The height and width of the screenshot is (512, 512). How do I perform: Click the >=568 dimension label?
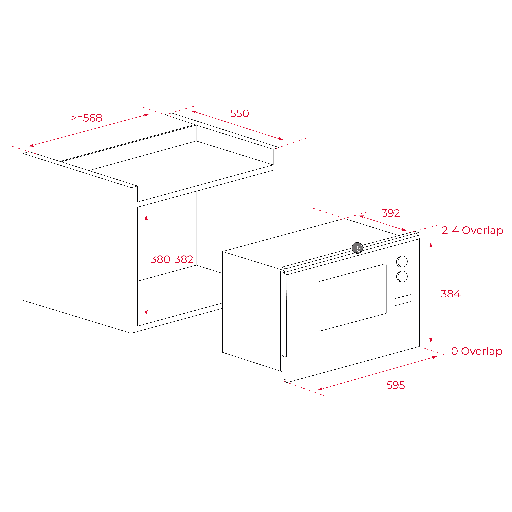tap(87, 118)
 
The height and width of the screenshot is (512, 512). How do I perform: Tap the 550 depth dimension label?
tap(240, 113)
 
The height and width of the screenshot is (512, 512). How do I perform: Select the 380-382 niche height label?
tap(172, 259)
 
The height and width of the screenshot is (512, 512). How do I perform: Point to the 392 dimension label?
tap(391, 213)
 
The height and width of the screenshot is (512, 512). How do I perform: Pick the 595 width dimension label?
tap(396, 385)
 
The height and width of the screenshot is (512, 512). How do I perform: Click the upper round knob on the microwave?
tap(402, 262)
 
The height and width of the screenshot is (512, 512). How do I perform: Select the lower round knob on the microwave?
tap(402, 276)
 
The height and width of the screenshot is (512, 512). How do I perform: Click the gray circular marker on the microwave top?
tap(357, 248)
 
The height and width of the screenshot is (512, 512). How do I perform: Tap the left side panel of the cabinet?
tap(77, 243)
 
